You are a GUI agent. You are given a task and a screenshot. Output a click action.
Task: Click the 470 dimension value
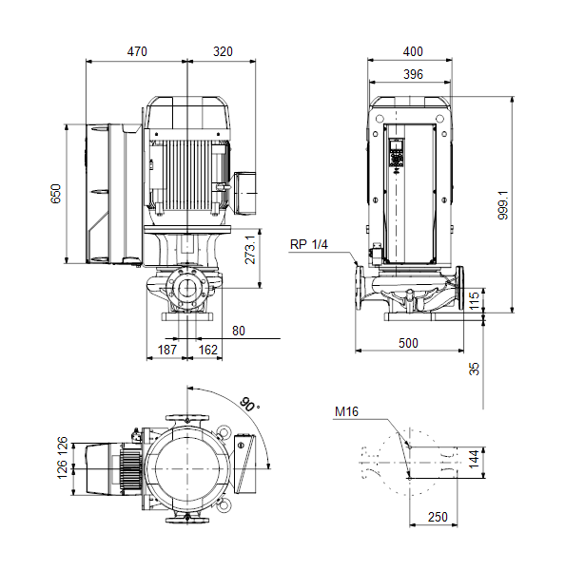point(137,51)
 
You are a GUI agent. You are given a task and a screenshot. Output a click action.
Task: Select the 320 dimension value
point(223,51)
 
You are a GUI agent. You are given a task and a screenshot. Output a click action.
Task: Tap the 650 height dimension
point(56,194)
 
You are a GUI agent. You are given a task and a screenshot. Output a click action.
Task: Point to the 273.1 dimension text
point(250,249)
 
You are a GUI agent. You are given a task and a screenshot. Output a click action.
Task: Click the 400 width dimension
point(413,51)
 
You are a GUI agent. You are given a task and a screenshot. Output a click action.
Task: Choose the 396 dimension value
point(413,74)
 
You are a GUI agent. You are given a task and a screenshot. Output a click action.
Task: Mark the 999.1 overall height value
point(503,205)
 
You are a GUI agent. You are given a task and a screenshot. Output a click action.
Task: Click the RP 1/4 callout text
point(309,244)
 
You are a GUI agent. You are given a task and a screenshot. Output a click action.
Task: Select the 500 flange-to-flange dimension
point(408,343)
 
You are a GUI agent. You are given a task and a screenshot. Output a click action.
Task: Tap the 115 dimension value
point(474,300)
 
